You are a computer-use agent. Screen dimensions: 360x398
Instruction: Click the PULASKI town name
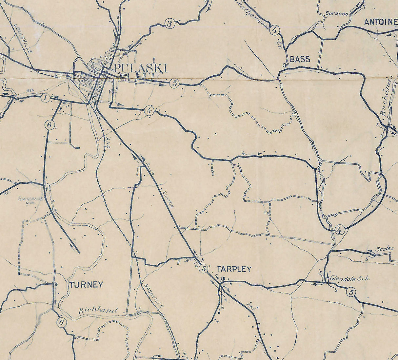pos(141,68)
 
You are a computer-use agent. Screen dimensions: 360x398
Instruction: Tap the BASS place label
pos(300,59)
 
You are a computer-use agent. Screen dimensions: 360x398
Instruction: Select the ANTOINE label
pos(380,22)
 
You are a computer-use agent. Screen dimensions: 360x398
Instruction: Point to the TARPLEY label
pos(234,269)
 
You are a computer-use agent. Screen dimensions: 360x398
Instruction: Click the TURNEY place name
pos(86,284)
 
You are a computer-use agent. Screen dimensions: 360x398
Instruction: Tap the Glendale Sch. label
pos(350,278)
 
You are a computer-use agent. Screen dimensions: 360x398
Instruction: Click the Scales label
pos(385,249)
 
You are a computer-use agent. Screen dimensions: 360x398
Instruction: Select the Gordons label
pos(337,14)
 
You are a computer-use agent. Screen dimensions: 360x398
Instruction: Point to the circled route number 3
pos(169,24)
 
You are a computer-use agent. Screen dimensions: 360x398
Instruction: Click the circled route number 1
pos(45,98)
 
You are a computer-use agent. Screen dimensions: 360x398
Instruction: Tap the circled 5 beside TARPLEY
pos(204,269)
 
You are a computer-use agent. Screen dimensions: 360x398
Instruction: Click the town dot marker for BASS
pos(285,66)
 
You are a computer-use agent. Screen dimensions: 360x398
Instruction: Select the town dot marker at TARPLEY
pos(223,279)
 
